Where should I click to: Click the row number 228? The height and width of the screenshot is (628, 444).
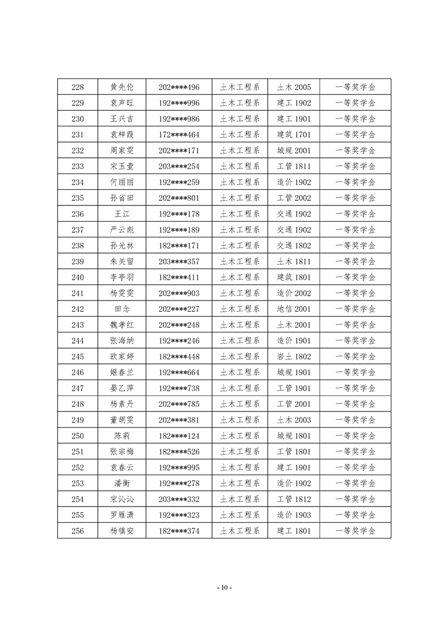tap(78, 87)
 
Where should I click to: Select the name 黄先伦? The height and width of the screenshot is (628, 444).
tap(122, 87)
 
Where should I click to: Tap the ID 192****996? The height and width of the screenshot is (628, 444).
tap(179, 103)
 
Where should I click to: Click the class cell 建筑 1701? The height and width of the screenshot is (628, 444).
tap(294, 135)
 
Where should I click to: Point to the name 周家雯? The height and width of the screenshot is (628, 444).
tap(122, 151)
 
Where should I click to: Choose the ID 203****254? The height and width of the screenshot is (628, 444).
tap(179, 166)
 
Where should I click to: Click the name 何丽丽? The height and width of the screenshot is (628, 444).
tap(122, 182)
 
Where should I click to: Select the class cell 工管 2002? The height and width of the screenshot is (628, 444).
tap(294, 198)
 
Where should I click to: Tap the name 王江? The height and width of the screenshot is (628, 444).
tap(122, 214)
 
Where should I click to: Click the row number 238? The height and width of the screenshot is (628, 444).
tap(78, 246)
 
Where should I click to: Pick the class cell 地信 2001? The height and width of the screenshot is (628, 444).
tap(294, 309)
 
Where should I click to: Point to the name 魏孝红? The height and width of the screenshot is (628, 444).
tap(122, 325)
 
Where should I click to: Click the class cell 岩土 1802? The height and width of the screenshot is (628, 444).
tap(294, 357)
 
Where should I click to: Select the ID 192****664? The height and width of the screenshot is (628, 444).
tap(179, 373)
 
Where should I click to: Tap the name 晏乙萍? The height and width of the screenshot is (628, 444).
tap(122, 388)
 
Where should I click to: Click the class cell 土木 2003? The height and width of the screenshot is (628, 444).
tap(294, 420)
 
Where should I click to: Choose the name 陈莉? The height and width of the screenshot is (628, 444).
tap(122, 436)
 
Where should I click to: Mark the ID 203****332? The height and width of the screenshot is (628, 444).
tap(179, 499)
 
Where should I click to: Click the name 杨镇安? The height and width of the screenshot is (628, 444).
tap(122, 531)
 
